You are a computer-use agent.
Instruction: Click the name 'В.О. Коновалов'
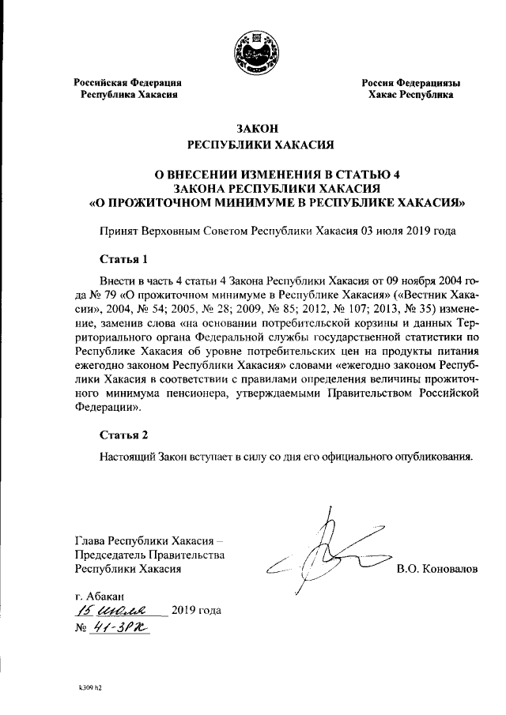[437, 569]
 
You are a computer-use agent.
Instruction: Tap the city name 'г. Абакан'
[99, 594]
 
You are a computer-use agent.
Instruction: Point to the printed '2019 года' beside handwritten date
[196, 611]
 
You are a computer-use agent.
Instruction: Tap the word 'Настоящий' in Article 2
[127, 456]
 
